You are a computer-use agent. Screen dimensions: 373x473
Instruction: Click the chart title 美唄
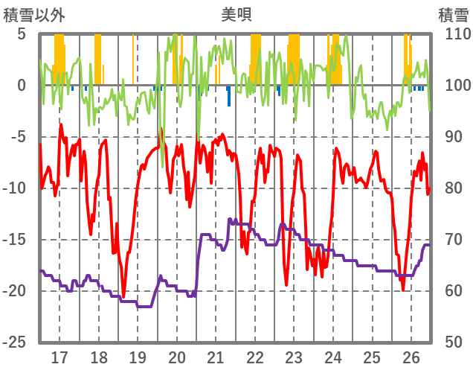click(x=236, y=13)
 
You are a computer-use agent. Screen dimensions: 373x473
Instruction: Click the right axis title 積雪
click(x=453, y=13)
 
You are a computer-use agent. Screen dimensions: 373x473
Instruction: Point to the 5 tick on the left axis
click(x=22, y=34)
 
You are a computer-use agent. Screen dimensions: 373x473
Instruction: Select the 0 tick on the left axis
click(x=22, y=86)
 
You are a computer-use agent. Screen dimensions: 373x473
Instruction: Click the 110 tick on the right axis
click(x=453, y=34)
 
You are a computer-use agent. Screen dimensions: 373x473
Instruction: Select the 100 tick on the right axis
click(x=453, y=86)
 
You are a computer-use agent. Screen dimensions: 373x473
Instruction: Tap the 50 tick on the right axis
click(x=449, y=342)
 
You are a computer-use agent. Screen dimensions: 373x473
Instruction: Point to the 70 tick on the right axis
click(x=449, y=240)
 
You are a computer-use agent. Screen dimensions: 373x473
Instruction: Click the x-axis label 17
click(x=59, y=357)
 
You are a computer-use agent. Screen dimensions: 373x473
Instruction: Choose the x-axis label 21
click(x=216, y=357)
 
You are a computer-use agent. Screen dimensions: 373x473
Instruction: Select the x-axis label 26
click(x=411, y=357)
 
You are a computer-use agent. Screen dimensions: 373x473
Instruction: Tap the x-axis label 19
click(x=138, y=357)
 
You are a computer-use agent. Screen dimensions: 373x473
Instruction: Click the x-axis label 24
click(x=333, y=357)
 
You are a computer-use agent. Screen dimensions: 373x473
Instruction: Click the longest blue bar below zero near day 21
click(x=228, y=96)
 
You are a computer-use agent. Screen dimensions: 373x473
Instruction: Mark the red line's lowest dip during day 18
click(x=123, y=296)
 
